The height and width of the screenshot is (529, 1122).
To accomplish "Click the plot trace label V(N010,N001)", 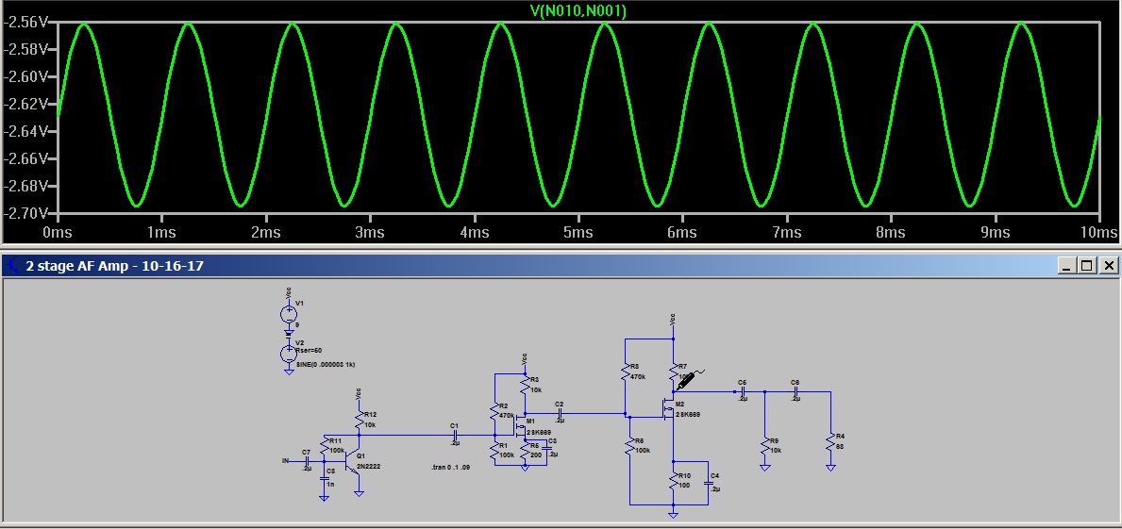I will [x=578, y=11].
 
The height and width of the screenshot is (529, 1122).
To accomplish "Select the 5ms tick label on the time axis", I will [x=578, y=232].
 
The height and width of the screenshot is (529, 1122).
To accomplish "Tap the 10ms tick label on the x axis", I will [x=1097, y=232].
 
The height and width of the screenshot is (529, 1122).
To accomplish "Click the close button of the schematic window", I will [x=1109, y=266].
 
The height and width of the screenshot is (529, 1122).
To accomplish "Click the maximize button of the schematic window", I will [x=1087, y=266].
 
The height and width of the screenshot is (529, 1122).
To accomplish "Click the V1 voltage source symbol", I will [x=289, y=314].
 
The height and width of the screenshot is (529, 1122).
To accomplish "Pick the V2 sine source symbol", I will [x=289, y=354].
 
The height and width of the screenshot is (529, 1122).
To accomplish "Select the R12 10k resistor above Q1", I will [x=359, y=420].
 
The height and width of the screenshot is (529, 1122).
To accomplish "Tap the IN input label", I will [x=285, y=460].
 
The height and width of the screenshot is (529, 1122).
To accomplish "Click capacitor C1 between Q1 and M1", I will [x=455, y=435].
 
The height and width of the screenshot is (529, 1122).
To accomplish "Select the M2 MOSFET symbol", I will [x=669, y=409].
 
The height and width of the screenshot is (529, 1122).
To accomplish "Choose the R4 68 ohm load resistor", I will [x=830, y=442].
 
